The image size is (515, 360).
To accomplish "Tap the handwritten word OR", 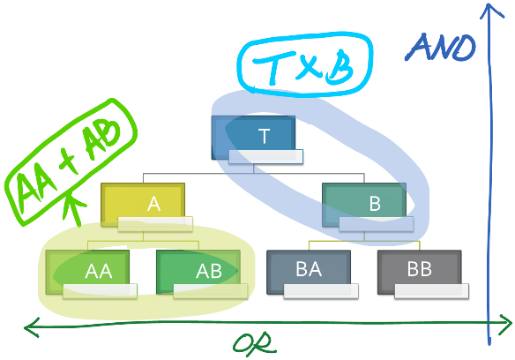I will [255, 344].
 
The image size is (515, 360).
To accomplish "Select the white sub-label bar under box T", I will [265, 156].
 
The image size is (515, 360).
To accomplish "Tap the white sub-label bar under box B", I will [376, 223].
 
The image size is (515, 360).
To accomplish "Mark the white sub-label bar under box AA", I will [100, 290].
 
